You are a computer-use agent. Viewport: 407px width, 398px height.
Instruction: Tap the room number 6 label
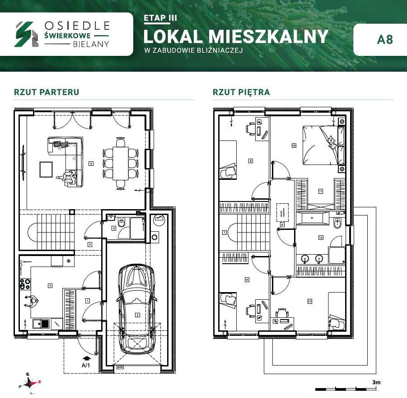pos(91,164)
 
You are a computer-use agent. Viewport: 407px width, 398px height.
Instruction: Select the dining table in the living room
pos(120,163)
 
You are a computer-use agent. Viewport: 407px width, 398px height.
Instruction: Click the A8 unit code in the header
pos(385,39)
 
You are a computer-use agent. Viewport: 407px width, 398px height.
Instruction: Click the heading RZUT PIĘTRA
pos(241,92)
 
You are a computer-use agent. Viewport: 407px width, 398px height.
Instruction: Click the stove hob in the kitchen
pos(24,284)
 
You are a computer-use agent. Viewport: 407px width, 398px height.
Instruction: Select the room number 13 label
pos(309,302)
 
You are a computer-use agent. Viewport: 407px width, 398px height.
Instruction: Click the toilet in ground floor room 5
pos(121,224)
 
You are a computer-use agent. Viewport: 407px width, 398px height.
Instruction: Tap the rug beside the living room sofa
pos(47,169)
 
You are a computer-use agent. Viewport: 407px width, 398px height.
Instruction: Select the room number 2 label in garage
pos(137,315)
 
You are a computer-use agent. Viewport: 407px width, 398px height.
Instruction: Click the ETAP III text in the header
pos(160,18)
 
